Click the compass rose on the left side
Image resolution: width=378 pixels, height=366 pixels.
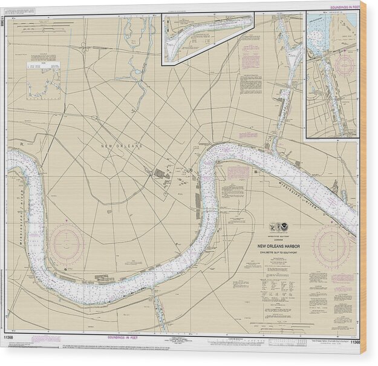click(x=66, y=244)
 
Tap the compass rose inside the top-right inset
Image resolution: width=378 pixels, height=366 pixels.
click(x=344, y=65)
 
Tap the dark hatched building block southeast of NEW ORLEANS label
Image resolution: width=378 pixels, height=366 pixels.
click(x=160, y=174)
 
